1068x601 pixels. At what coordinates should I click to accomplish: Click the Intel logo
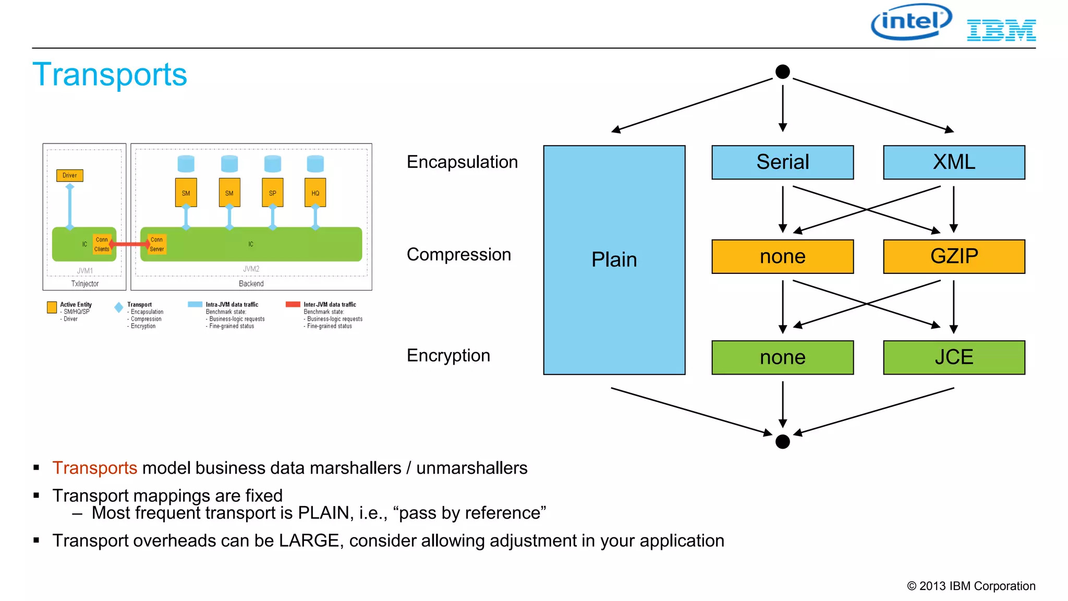pos(911,22)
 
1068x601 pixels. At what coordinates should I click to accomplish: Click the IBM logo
pos(1001,30)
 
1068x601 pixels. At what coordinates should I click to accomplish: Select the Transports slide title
pos(110,75)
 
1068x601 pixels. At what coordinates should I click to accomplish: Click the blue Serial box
pos(782,162)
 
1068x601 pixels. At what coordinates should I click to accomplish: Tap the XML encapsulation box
pos(953,162)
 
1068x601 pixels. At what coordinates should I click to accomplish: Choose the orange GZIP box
pos(953,257)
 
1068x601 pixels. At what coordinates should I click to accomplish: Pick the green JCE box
pos(953,357)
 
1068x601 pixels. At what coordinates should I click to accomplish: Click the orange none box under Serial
pos(782,257)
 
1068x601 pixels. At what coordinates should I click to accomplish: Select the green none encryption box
pos(782,357)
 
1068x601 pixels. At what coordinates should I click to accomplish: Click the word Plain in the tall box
pos(614,260)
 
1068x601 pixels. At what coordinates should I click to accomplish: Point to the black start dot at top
pos(782,71)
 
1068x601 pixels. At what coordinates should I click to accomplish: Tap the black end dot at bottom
pos(782,441)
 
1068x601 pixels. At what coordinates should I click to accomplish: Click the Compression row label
pos(458,255)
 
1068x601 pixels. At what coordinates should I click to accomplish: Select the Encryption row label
pos(448,355)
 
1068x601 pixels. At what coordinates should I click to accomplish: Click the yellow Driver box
pos(69,175)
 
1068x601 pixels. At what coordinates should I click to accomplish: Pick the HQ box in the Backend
pos(315,193)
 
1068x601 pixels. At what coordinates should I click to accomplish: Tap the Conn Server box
pos(156,244)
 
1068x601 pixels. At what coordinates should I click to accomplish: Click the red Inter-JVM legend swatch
pos(293,304)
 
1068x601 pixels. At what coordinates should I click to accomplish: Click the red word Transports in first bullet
pos(94,468)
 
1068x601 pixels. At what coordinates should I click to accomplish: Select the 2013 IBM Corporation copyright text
pos(971,586)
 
